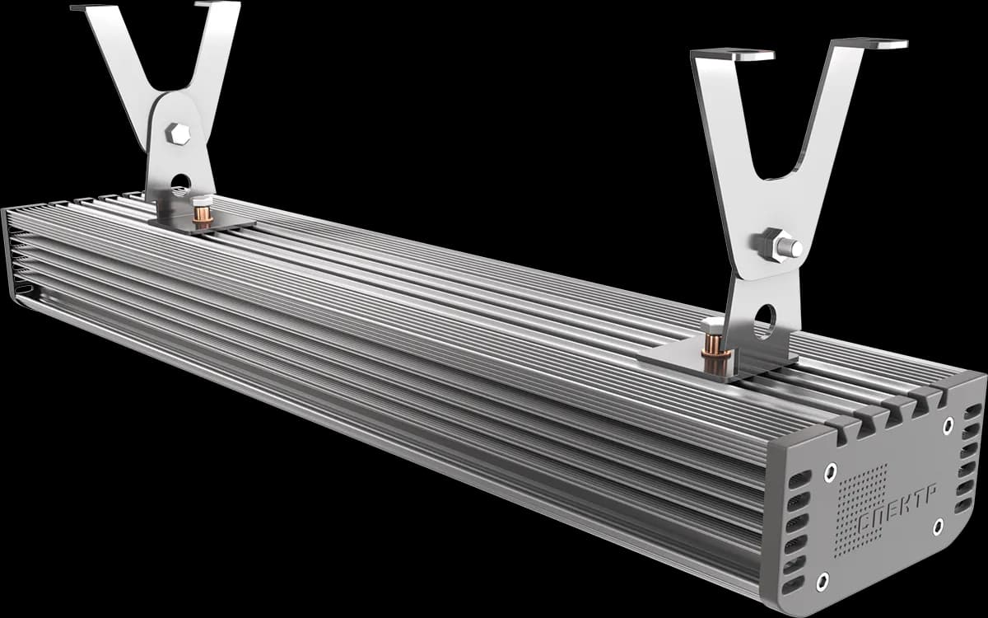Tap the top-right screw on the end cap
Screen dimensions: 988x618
pyautogui.click(x=948, y=426)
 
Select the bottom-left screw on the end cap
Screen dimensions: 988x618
pyautogui.click(x=823, y=582)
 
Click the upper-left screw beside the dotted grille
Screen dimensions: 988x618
pyautogui.click(x=831, y=473)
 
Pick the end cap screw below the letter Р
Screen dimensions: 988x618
pyautogui.click(x=938, y=527)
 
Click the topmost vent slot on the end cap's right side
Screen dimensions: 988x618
pyautogui.click(x=972, y=411)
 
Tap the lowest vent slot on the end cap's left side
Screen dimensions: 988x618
pyautogui.click(x=792, y=585)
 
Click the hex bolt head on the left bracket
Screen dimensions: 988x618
pyautogui.click(x=178, y=133)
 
